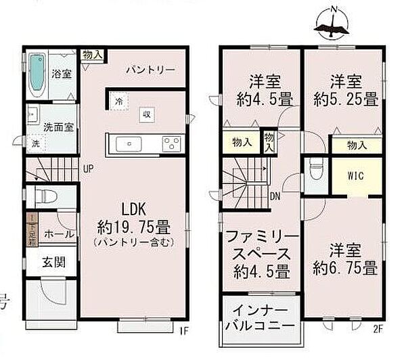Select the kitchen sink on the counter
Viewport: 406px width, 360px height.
pyautogui.click(x=128, y=144)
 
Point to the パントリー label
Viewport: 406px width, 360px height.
pyautogui.click(x=151, y=70)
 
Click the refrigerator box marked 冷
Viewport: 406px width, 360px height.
pyautogui.click(x=119, y=102)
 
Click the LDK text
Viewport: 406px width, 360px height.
pyautogui.click(x=134, y=208)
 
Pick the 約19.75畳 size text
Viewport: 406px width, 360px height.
pyautogui.click(x=134, y=226)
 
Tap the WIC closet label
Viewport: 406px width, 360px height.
pyautogui.click(x=356, y=176)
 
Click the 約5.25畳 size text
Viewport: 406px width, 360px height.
pyautogui.click(x=345, y=99)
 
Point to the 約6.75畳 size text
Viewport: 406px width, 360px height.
pyautogui.click(x=345, y=267)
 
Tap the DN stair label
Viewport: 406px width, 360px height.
pyautogui.click(x=276, y=197)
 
